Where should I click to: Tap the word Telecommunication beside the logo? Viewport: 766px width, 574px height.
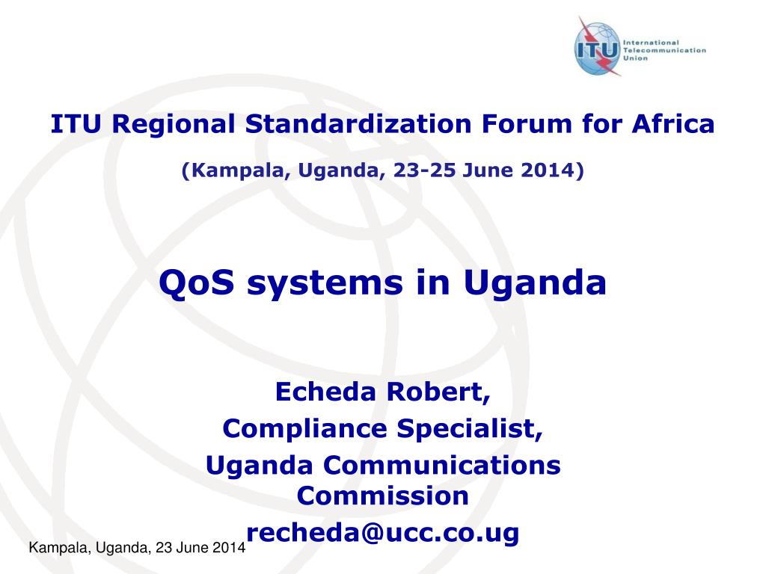click(x=664, y=50)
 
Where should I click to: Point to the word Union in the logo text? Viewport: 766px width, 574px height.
click(x=636, y=58)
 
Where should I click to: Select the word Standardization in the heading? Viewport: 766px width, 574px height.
click(x=358, y=123)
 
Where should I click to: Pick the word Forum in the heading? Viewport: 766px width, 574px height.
click(x=527, y=124)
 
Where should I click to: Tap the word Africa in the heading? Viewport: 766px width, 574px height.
click(x=673, y=123)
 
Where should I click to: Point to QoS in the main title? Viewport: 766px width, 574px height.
click(x=197, y=283)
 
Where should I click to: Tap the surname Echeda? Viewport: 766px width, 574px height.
click(x=325, y=392)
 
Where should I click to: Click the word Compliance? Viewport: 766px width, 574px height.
click(x=305, y=429)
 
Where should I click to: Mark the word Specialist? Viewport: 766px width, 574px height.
click(x=470, y=429)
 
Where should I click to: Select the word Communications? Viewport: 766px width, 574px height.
click(x=441, y=465)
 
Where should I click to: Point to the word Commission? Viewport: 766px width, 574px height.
click(x=382, y=496)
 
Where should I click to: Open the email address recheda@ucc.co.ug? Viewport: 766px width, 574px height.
click(x=382, y=532)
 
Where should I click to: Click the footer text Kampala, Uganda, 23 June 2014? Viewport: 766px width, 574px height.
click(x=138, y=548)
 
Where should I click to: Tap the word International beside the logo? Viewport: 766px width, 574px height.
click(x=652, y=43)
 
